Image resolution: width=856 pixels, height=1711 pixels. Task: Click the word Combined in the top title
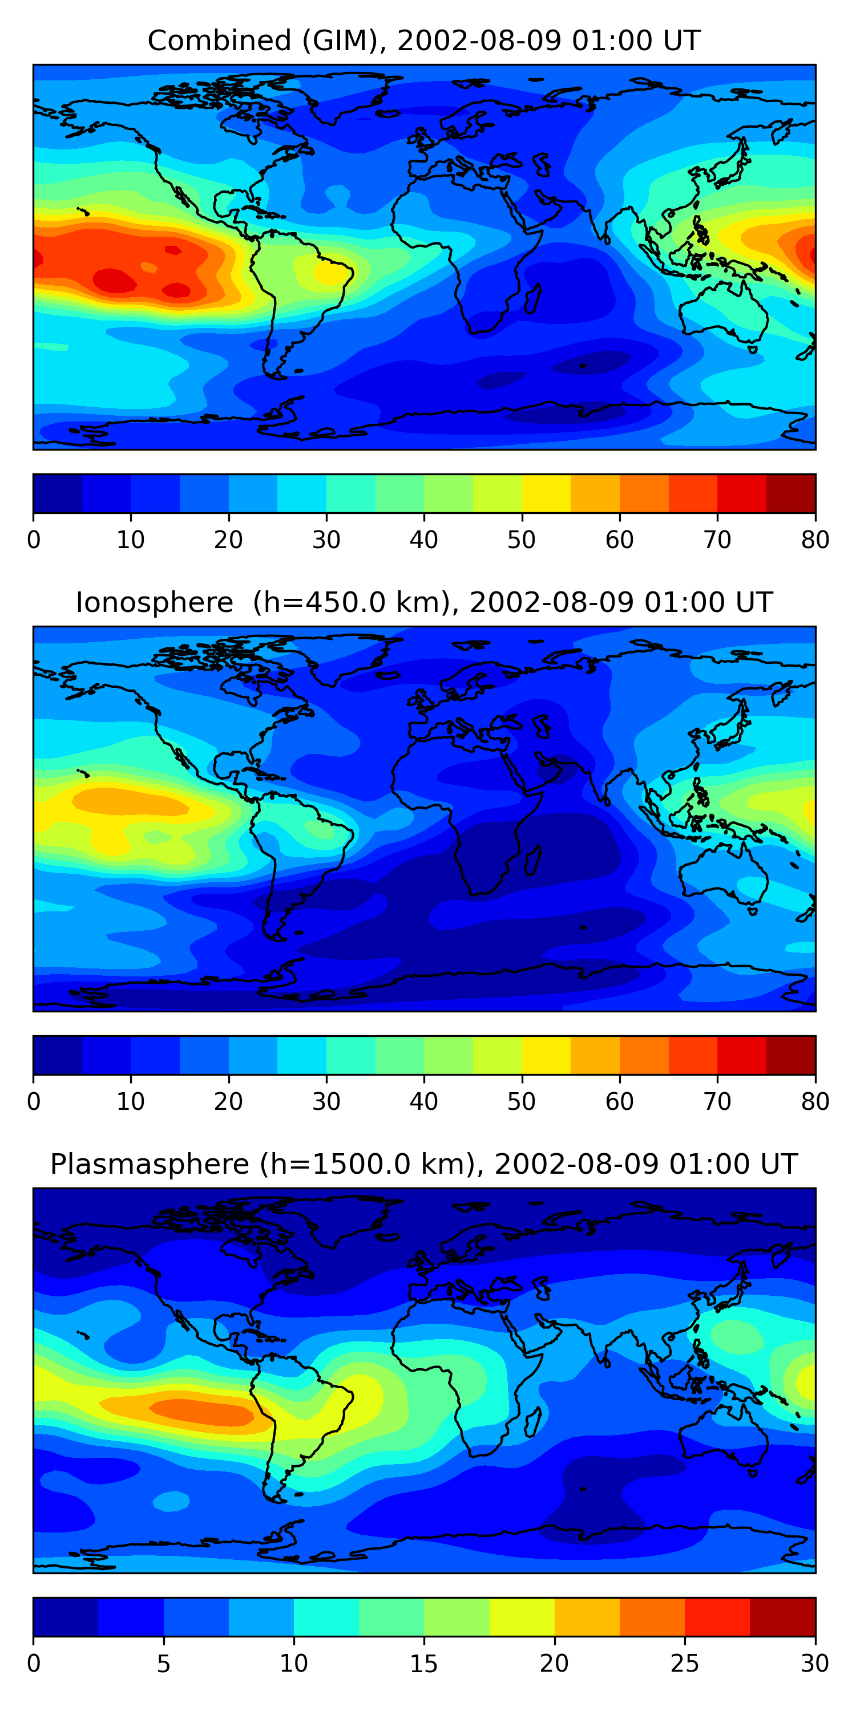219,41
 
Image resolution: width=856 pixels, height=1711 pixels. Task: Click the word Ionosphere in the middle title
154,602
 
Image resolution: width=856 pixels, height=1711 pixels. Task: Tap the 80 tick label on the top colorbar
815,540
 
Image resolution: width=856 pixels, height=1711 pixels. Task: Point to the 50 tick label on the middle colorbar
522,1101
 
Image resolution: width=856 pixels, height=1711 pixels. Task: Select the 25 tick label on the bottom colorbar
685,1663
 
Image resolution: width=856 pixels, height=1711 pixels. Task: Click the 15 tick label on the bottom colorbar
424,1663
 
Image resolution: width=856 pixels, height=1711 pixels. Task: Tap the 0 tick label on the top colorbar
34,540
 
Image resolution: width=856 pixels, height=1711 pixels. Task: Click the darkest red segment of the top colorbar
791,493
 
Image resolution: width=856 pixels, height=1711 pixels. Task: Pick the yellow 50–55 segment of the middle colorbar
546,1055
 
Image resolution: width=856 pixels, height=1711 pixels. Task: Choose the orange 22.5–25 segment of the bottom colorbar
652,1617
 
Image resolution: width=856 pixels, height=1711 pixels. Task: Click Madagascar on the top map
532,299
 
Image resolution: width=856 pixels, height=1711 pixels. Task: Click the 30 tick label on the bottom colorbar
815,1663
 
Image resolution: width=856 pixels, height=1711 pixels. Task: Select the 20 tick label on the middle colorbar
229,1101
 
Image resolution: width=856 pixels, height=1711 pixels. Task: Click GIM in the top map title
340,41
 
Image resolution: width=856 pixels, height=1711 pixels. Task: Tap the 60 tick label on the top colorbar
619,540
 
